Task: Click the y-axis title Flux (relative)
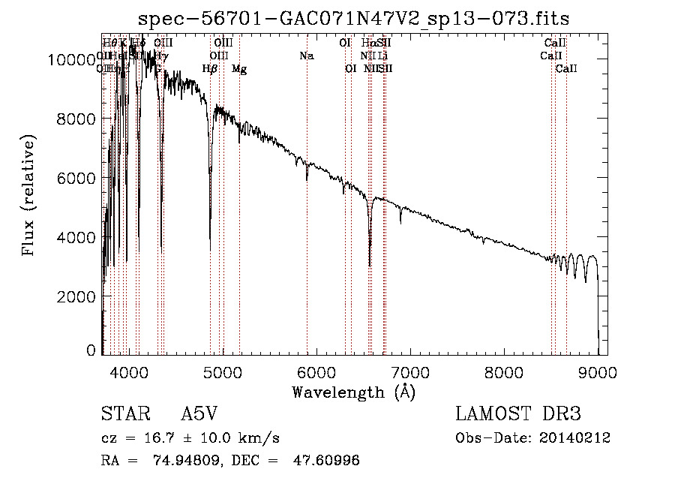(29, 196)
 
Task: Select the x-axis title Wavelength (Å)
(353, 392)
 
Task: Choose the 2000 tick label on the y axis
(79, 296)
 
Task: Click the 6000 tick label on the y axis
(79, 178)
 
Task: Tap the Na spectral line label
(306, 56)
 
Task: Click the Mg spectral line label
(239, 69)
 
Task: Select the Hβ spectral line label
(210, 69)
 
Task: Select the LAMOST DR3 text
(518, 414)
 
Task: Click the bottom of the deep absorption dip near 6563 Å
(370, 264)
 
